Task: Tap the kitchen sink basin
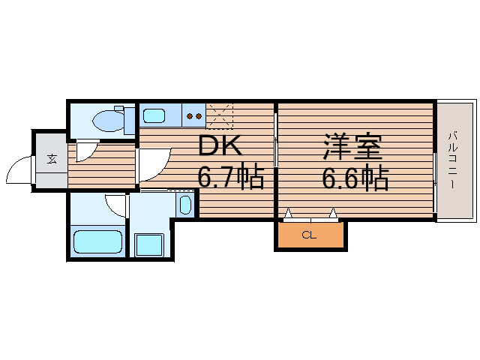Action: tap(154, 115)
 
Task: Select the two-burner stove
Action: tap(193, 115)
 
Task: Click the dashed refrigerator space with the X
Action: tap(220, 116)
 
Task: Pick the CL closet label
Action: tap(309, 235)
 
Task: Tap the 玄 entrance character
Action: tap(52, 159)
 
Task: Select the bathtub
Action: tap(98, 241)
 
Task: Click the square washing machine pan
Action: tap(148, 244)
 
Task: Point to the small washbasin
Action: tap(187, 204)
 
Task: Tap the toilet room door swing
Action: tap(84, 150)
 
